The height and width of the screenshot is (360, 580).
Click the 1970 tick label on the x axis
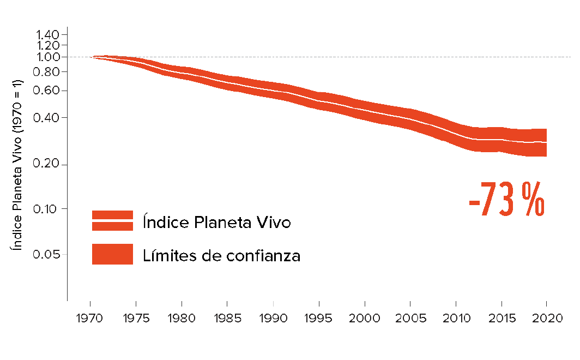click(90, 319)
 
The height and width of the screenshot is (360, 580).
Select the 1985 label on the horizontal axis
click(227, 319)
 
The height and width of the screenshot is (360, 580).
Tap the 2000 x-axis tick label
click(364, 319)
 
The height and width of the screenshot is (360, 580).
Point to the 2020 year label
click(546, 319)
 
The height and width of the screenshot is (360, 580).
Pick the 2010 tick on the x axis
click(455, 319)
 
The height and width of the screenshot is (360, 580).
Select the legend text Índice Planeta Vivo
click(216, 223)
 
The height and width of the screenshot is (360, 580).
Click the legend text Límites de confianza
click(221, 255)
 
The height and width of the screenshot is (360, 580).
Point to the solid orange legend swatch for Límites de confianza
click(112, 254)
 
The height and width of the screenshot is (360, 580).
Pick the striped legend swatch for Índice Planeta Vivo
click(112, 221)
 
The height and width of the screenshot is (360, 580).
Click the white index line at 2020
click(546, 142)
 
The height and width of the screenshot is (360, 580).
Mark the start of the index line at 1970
click(93, 57)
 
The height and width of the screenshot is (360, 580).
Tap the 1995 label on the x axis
click(318, 319)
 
